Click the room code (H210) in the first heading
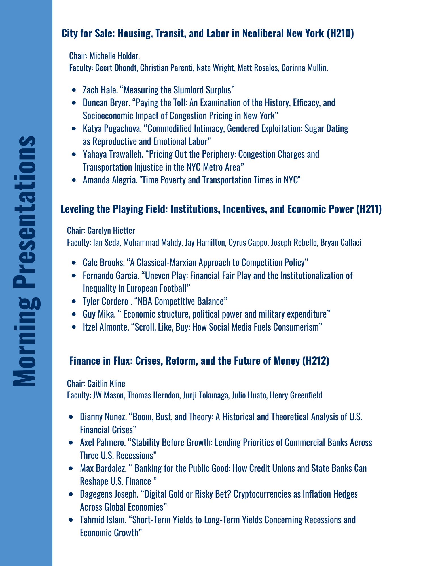(340, 33)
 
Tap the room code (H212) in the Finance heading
(316, 361)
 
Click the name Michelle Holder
(114, 56)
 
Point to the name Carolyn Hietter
(111, 231)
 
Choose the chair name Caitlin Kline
(106, 383)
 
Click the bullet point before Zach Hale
(74, 90)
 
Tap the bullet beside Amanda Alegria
(74, 180)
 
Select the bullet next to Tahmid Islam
(71, 520)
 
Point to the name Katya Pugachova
(112, 128)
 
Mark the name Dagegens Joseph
(109, 494)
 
